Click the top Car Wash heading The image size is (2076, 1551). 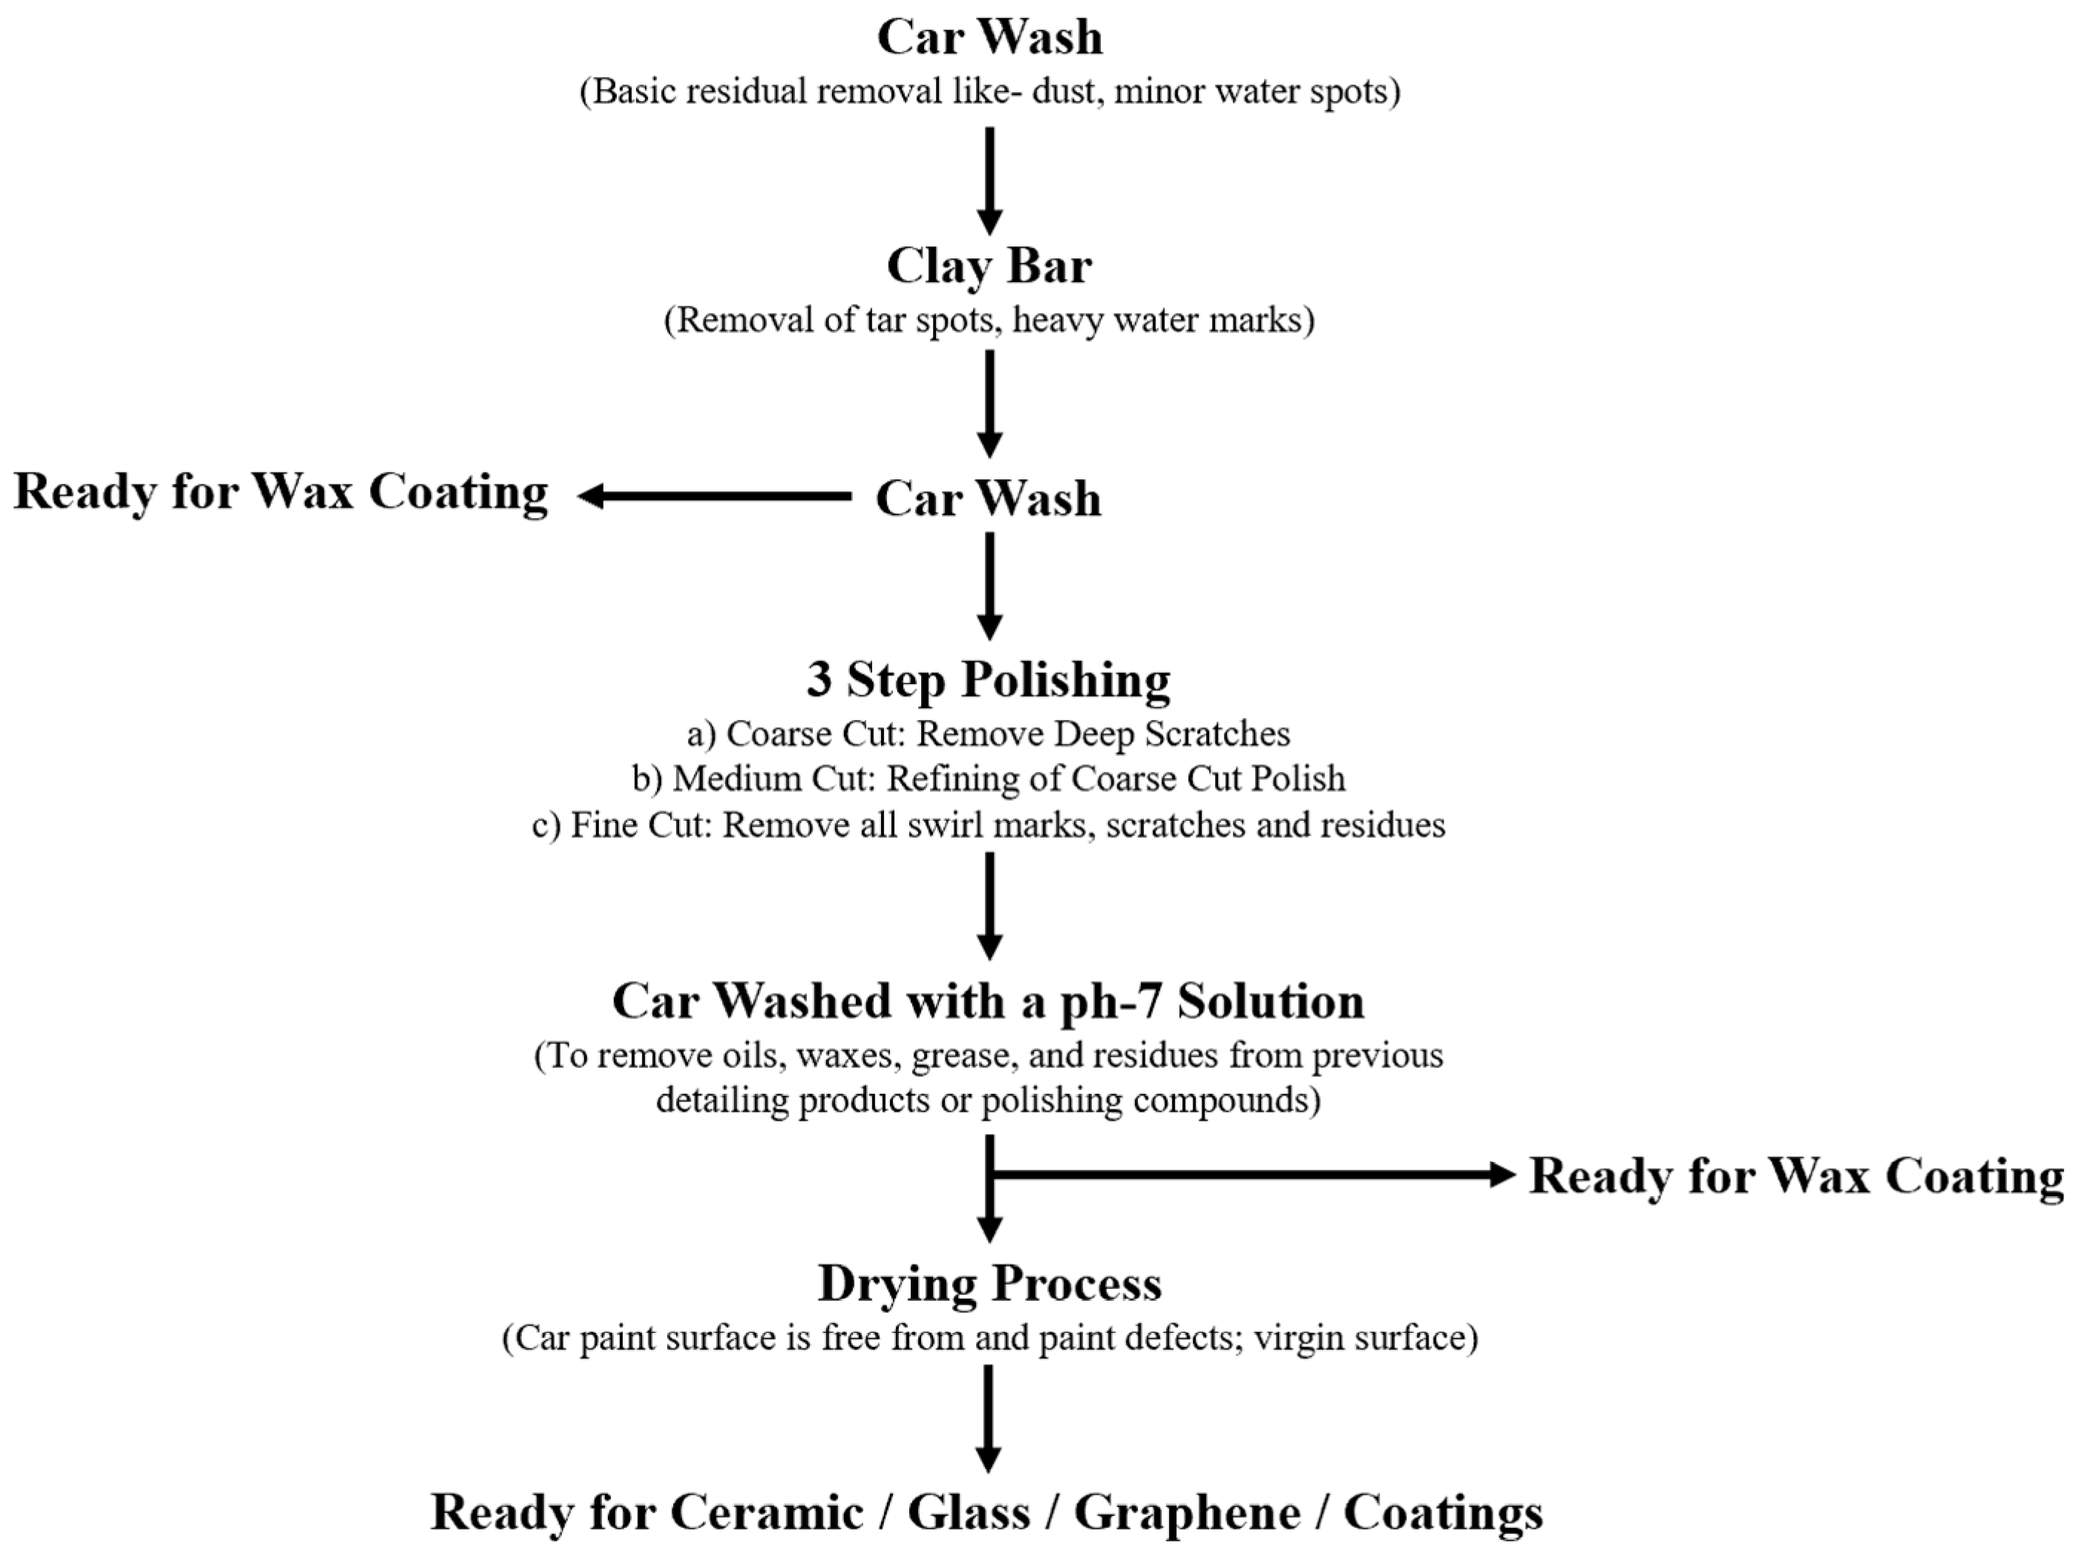(989, 38)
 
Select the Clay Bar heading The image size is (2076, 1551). (989, 266)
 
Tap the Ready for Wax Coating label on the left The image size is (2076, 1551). (281, 493)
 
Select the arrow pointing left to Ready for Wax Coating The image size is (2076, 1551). (713, 496)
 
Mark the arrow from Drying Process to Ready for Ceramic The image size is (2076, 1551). (987, 1417)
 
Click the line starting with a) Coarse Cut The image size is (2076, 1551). (988, 734)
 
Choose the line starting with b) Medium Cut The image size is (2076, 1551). (988, 778)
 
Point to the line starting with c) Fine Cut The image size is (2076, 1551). (988, 824)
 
